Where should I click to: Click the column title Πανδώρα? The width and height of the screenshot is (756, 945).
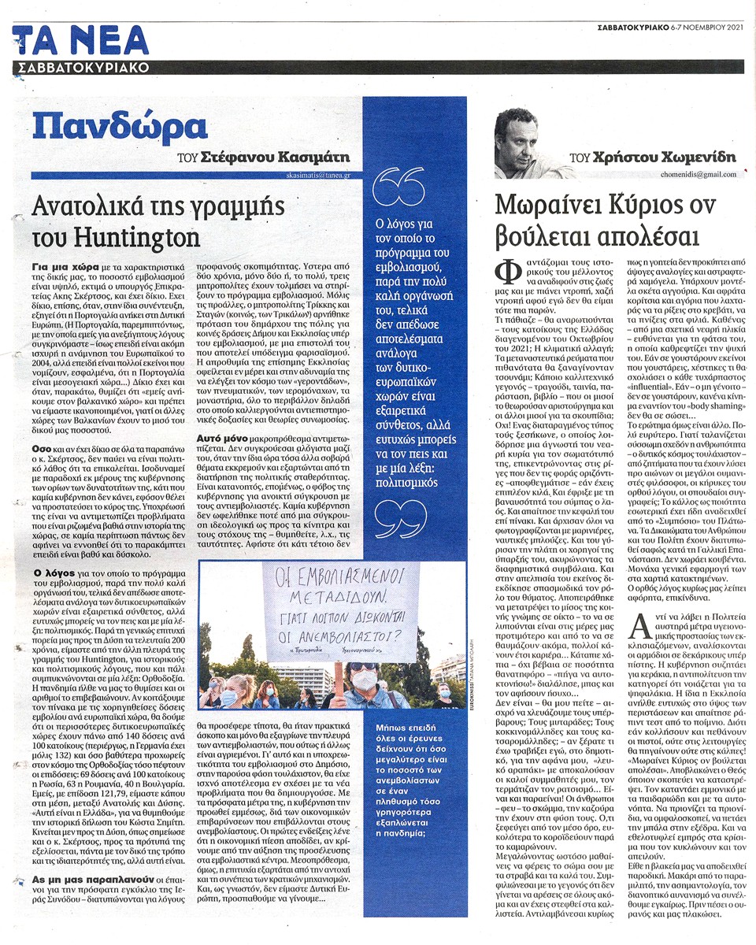[x=118, y=126]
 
